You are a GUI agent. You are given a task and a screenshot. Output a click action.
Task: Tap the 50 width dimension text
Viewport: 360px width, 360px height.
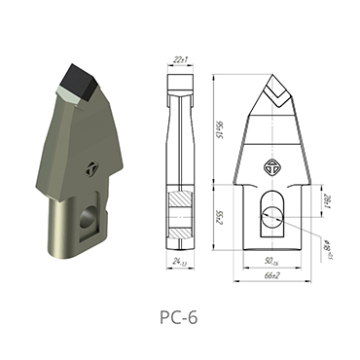[272, 260]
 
